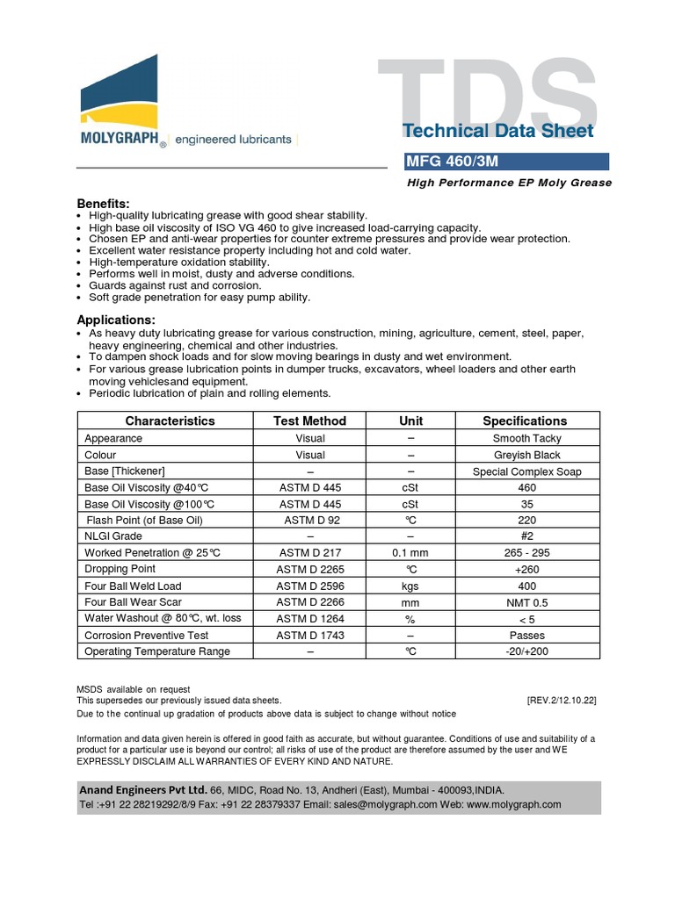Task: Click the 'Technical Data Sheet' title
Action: click(x=497, y=132)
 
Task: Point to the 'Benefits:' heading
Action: click(x=103, y=203)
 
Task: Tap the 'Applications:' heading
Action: click(x=116, y=320)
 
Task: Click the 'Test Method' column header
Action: click(x=310, y=421)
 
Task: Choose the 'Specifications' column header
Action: click(x=525, y=421)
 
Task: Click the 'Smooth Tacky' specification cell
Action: click(x=526, y=438)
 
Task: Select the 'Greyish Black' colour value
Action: click(x=526, y=455)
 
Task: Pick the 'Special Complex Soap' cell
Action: click(x=526, y=471)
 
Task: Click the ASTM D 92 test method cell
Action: click(x=310, y=520)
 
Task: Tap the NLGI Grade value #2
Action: click(x=526, y=536)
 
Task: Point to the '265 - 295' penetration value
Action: click(x=526, y=553)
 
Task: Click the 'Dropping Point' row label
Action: click(x=120, y=569)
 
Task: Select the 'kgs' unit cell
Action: click(x=410, y=586)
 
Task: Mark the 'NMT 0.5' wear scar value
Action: click(x=526, y=602)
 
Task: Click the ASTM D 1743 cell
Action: click(x=310, y=635)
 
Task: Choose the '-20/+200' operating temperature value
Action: click(x=526, y=651)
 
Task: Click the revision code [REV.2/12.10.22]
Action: click(x=562, y=701)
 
